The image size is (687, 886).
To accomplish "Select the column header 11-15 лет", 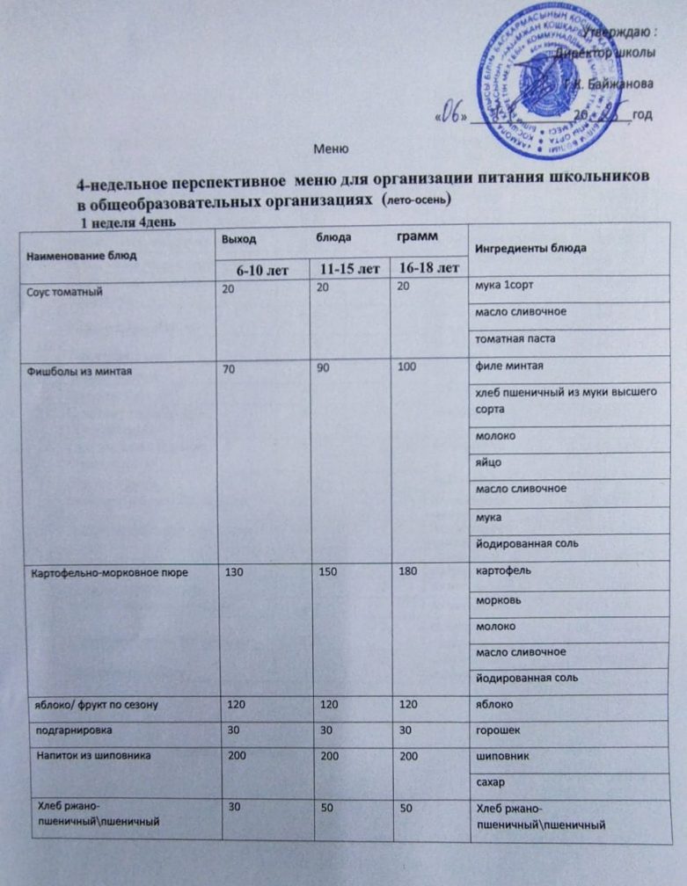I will [x=344, y=266].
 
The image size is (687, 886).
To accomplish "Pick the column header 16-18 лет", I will [x=427, y=266].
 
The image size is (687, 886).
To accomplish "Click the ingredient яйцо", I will [x=488, y=462].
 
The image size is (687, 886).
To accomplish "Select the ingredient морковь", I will [x=495, y=600].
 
